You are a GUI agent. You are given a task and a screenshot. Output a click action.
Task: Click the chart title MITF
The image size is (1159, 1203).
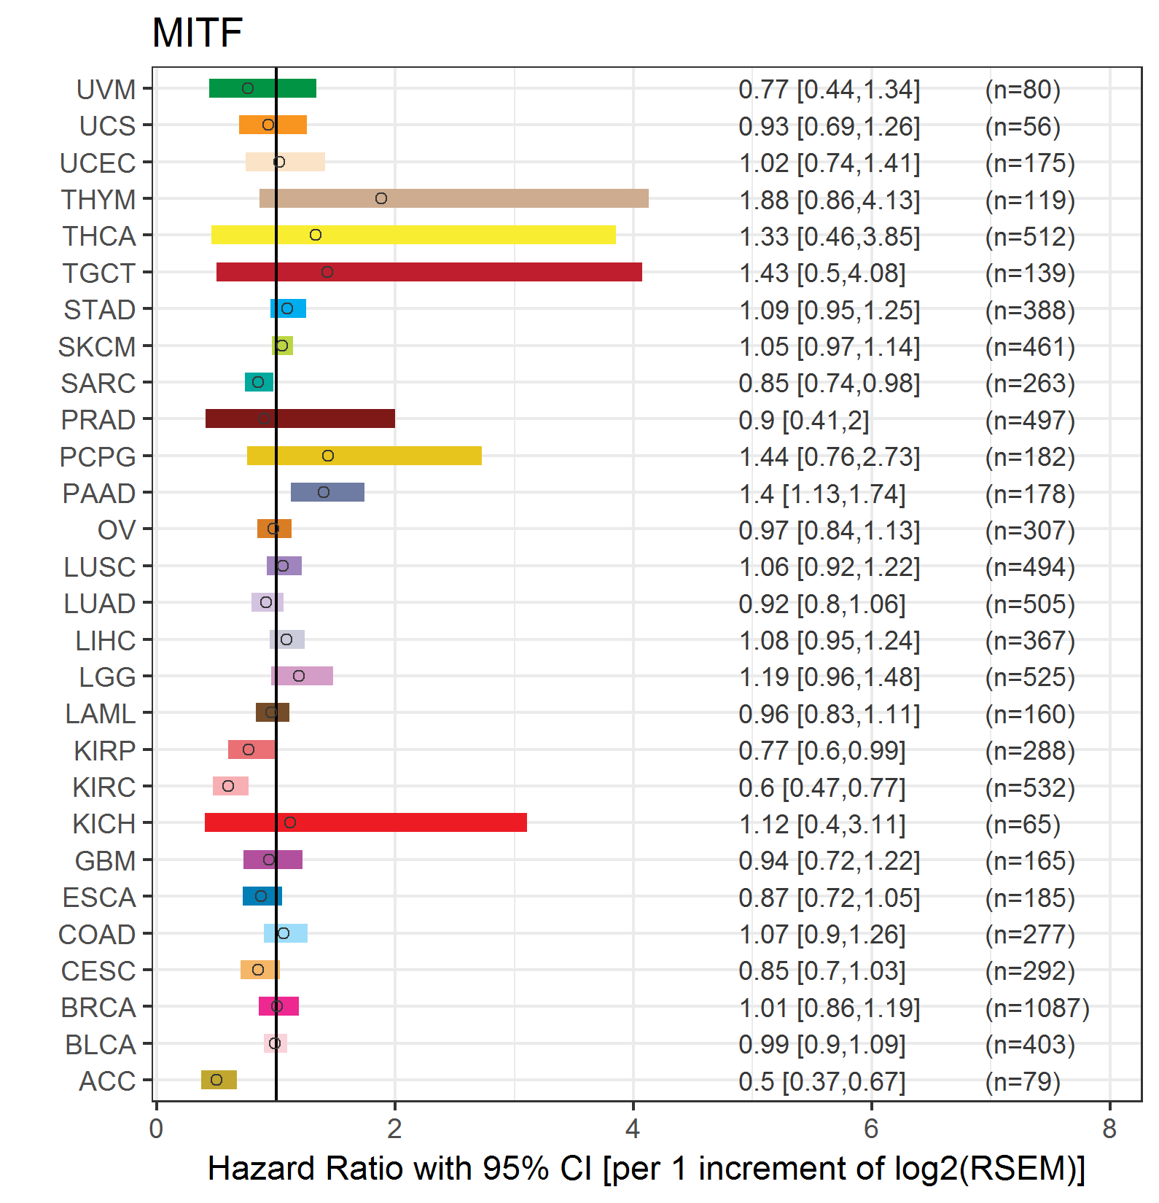click(x=197, y=33)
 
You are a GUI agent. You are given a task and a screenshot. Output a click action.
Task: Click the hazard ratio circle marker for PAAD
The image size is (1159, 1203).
click(x=324, y=492)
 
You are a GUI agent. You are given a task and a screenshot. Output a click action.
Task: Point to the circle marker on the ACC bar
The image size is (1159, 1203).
click(x=216, y=1080)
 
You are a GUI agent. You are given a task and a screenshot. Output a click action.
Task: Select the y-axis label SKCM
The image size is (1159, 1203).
click(x=97, y=347)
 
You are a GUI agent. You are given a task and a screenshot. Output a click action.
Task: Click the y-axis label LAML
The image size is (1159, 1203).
click(x=100, y=714)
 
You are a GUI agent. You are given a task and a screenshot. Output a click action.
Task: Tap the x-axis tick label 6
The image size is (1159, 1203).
click(x=871, y=1129)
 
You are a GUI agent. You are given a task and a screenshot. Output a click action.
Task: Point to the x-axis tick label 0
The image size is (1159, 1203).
click(x=156, y=1129)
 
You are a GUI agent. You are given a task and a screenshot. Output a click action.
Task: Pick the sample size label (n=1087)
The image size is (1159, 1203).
click(x=1037, y=1008)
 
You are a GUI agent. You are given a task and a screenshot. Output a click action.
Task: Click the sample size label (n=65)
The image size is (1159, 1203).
click(x=1022, y=825)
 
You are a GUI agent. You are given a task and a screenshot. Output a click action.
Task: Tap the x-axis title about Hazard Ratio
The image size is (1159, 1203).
click(x=646, y=1169)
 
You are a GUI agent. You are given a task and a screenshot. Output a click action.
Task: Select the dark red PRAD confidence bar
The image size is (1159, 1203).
click(x=300, y=418)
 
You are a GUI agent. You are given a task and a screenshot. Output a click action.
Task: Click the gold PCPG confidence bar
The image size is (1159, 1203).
click(x=364, y=456)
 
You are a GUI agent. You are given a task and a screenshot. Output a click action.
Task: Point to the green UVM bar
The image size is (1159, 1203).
click(x=262, y=88)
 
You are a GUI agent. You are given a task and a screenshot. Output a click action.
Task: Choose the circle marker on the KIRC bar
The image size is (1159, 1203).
click(x=228, y=786)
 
